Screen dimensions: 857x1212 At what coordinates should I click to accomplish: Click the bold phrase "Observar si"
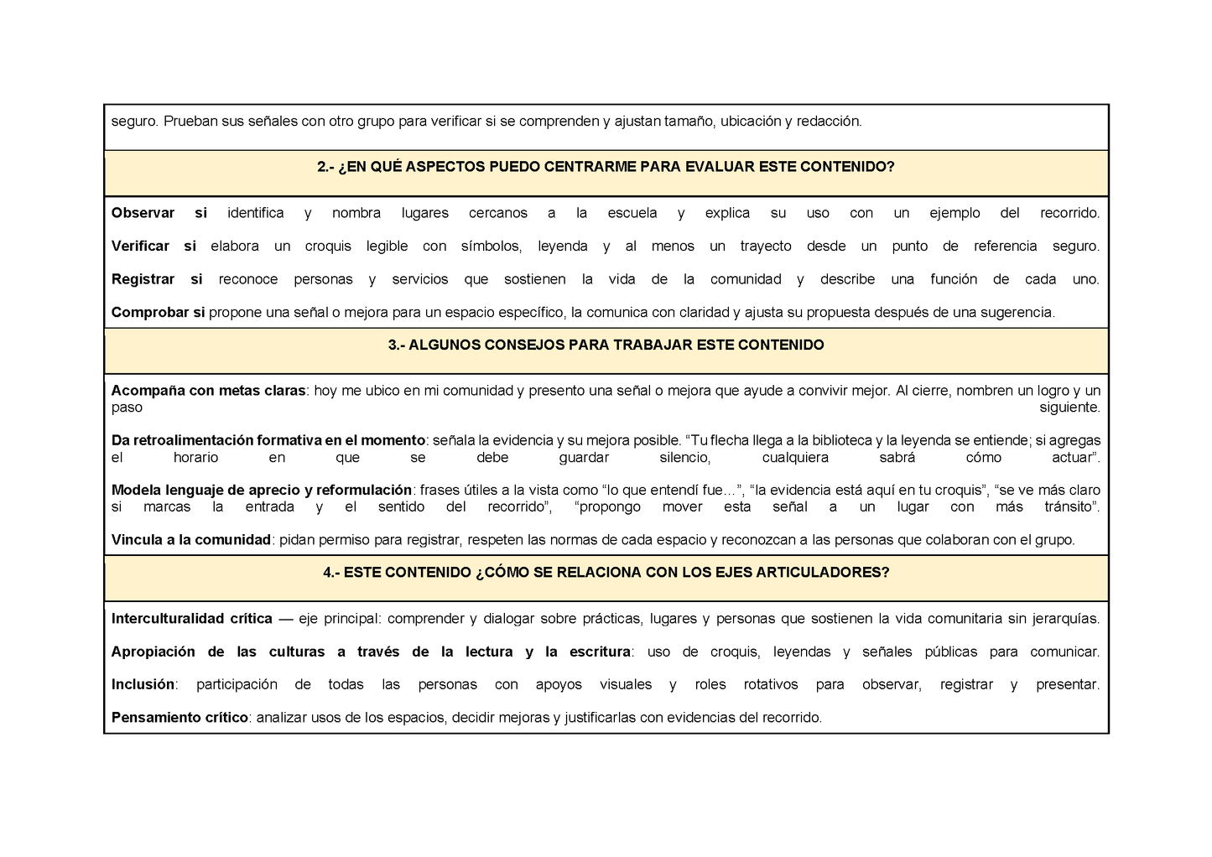[x=159, y=213]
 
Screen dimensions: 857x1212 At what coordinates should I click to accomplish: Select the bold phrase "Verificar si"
[x=153, y=246]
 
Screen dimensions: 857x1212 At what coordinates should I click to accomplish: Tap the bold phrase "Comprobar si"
[x=158, y=312]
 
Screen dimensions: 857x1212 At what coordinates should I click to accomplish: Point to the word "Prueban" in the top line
[x=190, y=121]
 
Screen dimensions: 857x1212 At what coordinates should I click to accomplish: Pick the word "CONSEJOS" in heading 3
[x=525, y=345]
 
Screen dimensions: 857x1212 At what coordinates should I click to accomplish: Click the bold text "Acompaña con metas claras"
[x=208, y=391]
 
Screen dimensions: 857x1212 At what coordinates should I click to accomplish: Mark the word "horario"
[x=195, y=457]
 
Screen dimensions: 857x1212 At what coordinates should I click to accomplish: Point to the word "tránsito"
[x=1069, y=506]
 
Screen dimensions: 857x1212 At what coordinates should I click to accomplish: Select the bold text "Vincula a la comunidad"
[x=190, y=540]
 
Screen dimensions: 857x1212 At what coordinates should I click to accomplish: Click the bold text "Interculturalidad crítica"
[x=191, y=619]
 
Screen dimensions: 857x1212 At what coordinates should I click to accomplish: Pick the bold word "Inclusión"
[x=143, y=684]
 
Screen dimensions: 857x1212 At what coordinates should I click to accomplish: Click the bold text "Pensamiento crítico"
[x=179, y=718]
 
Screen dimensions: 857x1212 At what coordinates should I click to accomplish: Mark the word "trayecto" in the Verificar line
[x=765, y=246]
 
